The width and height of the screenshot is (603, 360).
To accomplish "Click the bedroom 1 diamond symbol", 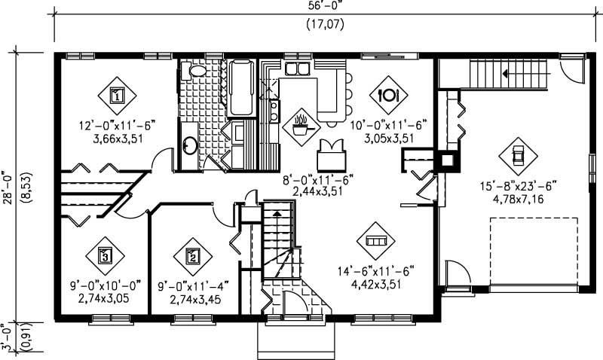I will (x=118, y=95).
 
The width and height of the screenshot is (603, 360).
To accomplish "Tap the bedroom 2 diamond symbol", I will (x=192, y=255).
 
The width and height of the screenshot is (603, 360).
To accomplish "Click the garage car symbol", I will (x=518, y=155).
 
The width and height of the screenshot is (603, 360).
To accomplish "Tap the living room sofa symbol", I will (x=375, y=241).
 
